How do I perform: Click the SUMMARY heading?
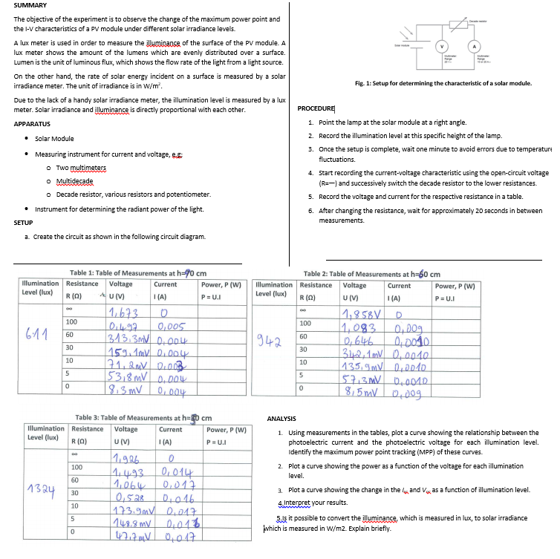click(x=30, y=5)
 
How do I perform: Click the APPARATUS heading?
click(x=32, y=123)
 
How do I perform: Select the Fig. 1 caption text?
click(x=443, y=83)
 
